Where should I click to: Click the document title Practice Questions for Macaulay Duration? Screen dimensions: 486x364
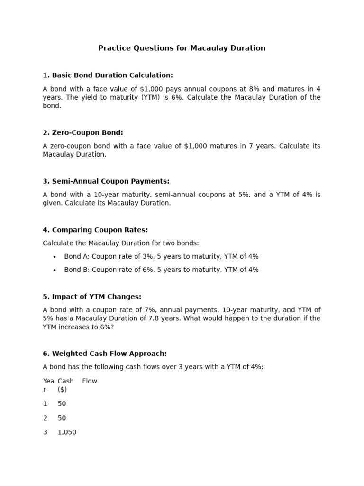point(182,48)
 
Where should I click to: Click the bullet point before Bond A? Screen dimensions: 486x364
point(55,257)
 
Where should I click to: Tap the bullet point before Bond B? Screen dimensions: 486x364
point(55,270)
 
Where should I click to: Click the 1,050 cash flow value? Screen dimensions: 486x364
point(67,432)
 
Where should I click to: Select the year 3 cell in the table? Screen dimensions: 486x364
point(45,432)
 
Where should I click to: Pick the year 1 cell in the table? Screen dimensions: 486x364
point(45,404)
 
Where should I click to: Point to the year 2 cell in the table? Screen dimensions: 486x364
point(45,418)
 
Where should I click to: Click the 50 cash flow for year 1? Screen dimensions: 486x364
point(62,404)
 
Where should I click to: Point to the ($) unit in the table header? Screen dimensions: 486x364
point(62,389)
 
